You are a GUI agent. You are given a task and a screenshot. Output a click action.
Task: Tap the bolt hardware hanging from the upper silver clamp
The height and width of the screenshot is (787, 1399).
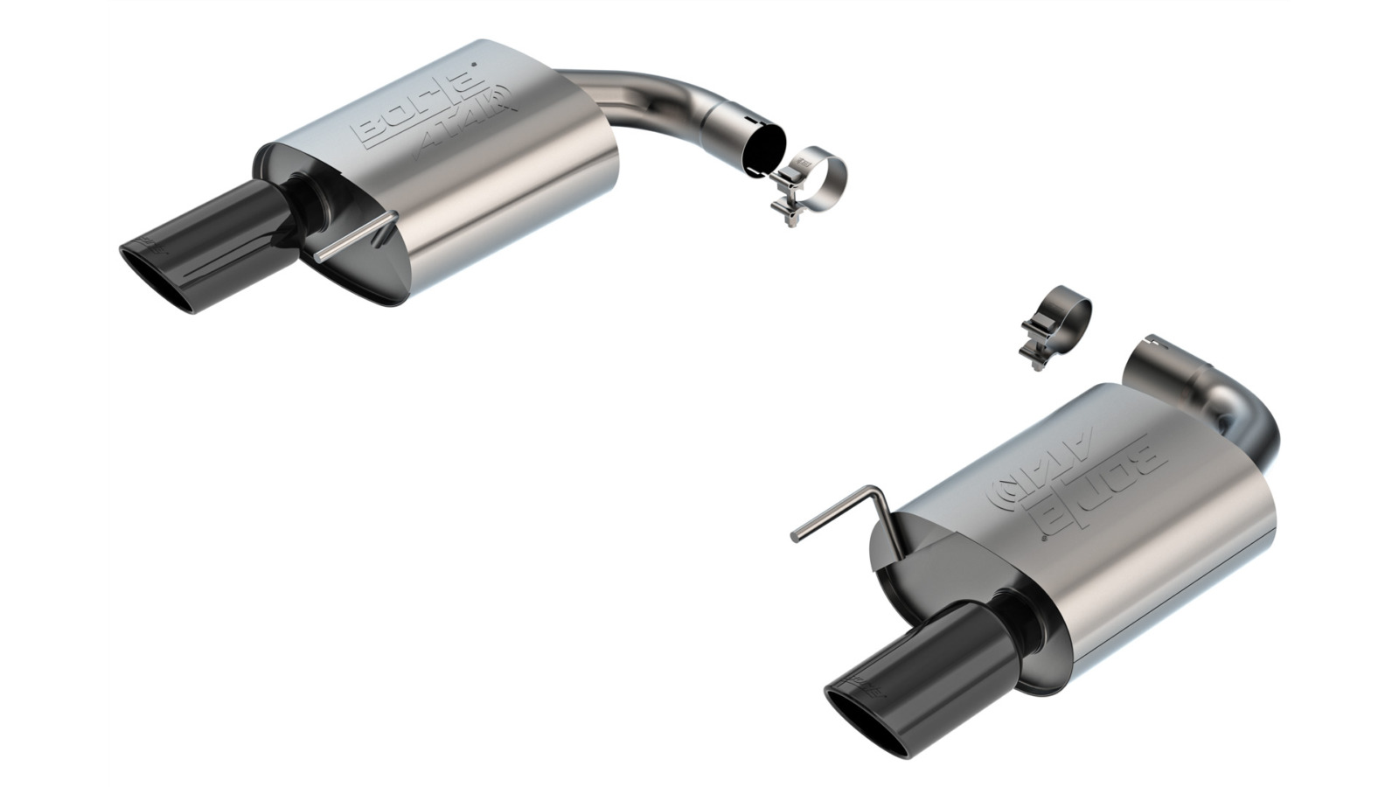[x=787, y=205]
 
